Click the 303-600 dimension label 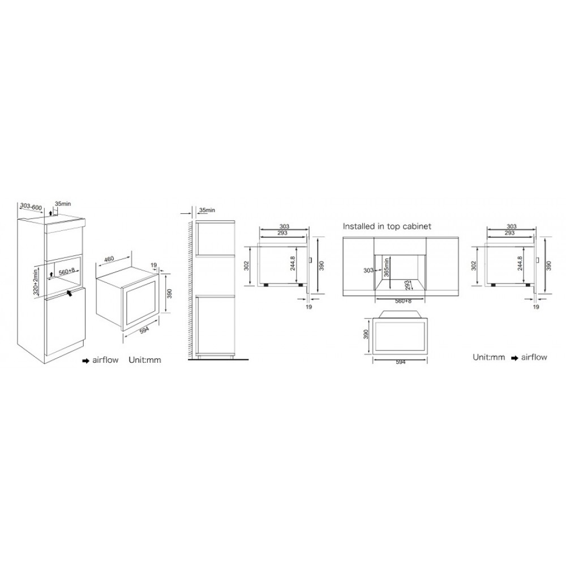coord(31,207)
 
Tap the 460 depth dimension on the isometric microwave coord(109,259)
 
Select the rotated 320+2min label coord(35,281)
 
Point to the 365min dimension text coord(386,267)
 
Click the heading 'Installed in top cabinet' coord(387,226)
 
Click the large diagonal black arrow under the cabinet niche coord(70,292)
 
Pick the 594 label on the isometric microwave coord(144,330)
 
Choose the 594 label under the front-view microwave coord(401,362)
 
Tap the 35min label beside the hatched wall coord(207,210)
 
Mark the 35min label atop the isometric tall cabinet coord(63,204)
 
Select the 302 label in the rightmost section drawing coord(474,265)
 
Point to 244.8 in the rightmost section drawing coord(520,264)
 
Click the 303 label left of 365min coord(368,271)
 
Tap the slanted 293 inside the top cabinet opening coord(408,285)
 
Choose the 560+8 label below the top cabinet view coord(403,301)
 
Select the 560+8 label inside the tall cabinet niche coord(67,271)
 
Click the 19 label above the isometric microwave coord(154,265)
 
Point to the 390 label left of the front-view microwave coord(366,335)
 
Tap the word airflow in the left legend coord(105,360)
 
